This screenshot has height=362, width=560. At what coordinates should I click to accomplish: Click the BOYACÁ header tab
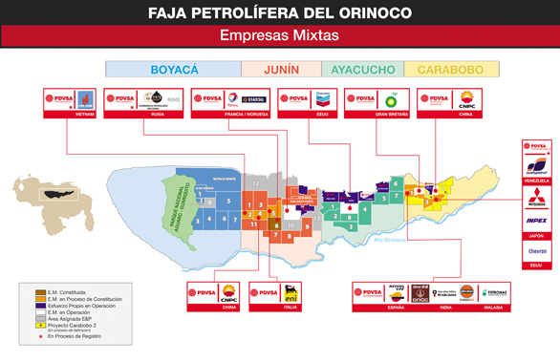[x=173, y=70]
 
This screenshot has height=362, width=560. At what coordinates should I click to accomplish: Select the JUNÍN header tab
[x=282, y=70]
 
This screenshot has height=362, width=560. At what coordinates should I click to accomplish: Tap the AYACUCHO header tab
[x=363, y=70]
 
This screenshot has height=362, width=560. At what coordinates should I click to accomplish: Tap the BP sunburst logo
[x=390, y=99]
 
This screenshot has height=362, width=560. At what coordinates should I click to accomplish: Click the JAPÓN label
[x=537, y=234]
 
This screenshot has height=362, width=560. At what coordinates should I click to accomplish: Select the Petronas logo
[x=493, y=292]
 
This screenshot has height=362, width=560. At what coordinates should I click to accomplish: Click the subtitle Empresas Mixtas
[x=279, y=36]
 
